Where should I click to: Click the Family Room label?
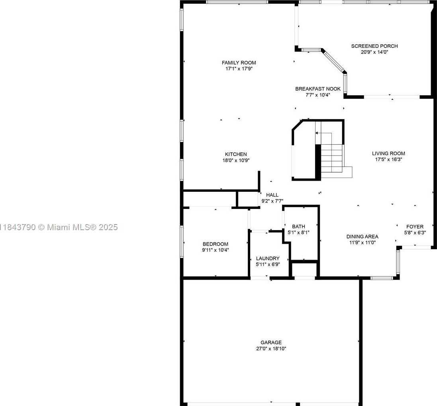[x=239, y=63]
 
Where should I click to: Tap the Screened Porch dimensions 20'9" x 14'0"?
[x=374, y=52]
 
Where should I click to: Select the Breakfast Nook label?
[x=318, y=89]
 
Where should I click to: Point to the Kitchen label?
[x=236, y=154]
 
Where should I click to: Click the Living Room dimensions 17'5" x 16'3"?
[x=388, y=160]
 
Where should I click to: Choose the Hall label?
[x=272, y=195]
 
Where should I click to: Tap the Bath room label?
[x=298, y=227]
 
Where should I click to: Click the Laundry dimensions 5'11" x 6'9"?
[x=268, y=264]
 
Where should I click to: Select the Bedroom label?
[x=216, y=244]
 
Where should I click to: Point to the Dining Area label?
[x=363, y=237]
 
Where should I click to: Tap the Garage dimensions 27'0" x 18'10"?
[x=271, y=349]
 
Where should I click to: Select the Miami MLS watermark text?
[x=59, y=227]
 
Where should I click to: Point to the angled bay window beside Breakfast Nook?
[x=334, y=61]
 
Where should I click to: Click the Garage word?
[x=271, y=342]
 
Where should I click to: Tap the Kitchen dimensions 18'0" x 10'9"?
[x=236, y=160]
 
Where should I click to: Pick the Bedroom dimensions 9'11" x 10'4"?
[x=216, y=250]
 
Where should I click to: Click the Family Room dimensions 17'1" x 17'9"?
[x=239, y=69]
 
